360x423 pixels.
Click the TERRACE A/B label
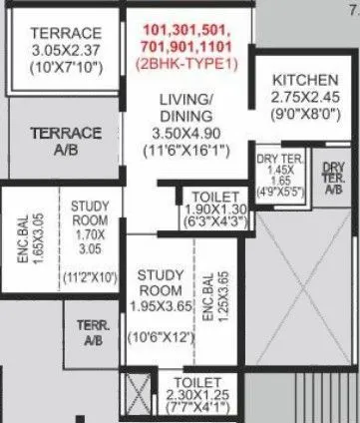tap(66, 141)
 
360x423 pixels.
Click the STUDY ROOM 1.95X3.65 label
tap(158, 286)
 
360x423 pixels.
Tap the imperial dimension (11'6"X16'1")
tap(188, 151)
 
